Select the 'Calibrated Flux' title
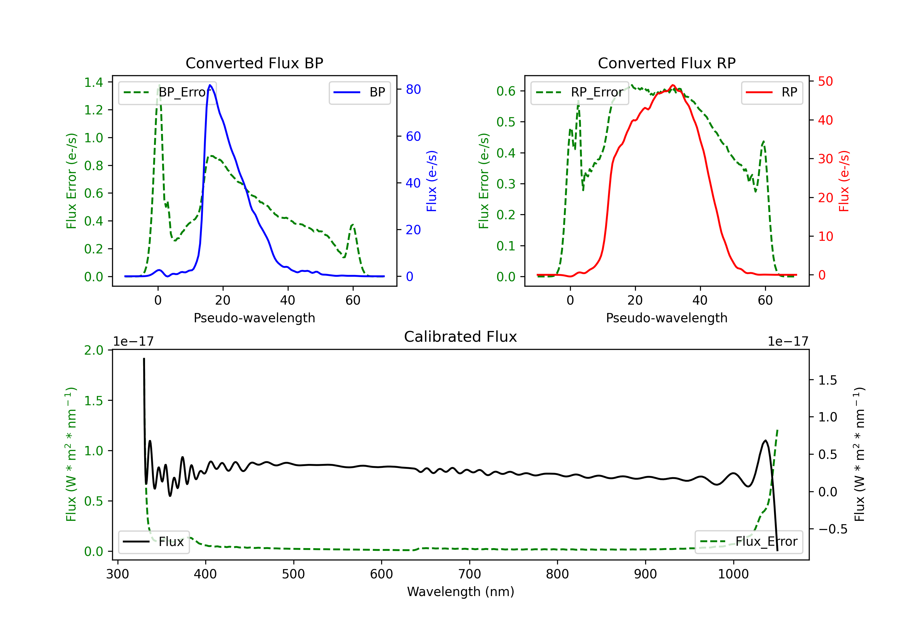(461, 337)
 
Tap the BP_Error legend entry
(168, 92)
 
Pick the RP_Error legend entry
(580, 92)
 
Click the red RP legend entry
(772, 92)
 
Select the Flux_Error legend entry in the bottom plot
(749, 542)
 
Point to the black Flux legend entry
(154, 542)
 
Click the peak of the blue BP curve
(210, 85)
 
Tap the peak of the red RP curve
(673, 85)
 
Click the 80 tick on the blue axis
(413, 90)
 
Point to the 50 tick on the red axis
(825, 81)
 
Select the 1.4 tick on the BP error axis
(93, 82)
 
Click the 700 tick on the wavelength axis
(470, 574)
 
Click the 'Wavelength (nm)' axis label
(461, 592)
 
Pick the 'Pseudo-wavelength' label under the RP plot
(666, 318)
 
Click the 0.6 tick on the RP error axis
(506, 91)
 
